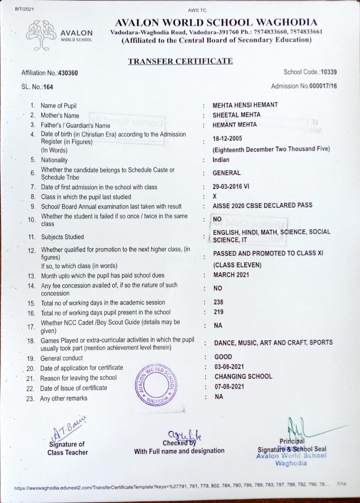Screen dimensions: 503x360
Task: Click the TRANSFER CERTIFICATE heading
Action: coord(180,61)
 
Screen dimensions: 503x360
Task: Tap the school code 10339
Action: coord(329,72)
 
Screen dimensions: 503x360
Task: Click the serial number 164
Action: coord(48,87)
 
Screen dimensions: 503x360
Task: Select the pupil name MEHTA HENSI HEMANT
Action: coord(245,105)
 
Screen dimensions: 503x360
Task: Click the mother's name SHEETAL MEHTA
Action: coord(236,115)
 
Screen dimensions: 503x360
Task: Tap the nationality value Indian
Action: coord(221,160)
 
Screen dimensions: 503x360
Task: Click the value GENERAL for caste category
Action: coord(226,173)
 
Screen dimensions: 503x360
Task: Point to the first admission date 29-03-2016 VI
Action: coord(231,187)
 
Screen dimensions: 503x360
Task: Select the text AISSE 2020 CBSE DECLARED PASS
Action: coord(262,205)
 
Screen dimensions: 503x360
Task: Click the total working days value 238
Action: coord(218,302)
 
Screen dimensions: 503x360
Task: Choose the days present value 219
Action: coord(218,312)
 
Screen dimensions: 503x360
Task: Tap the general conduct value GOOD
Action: coord(223,357)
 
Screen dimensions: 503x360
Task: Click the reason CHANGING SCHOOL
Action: coord(243,376)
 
